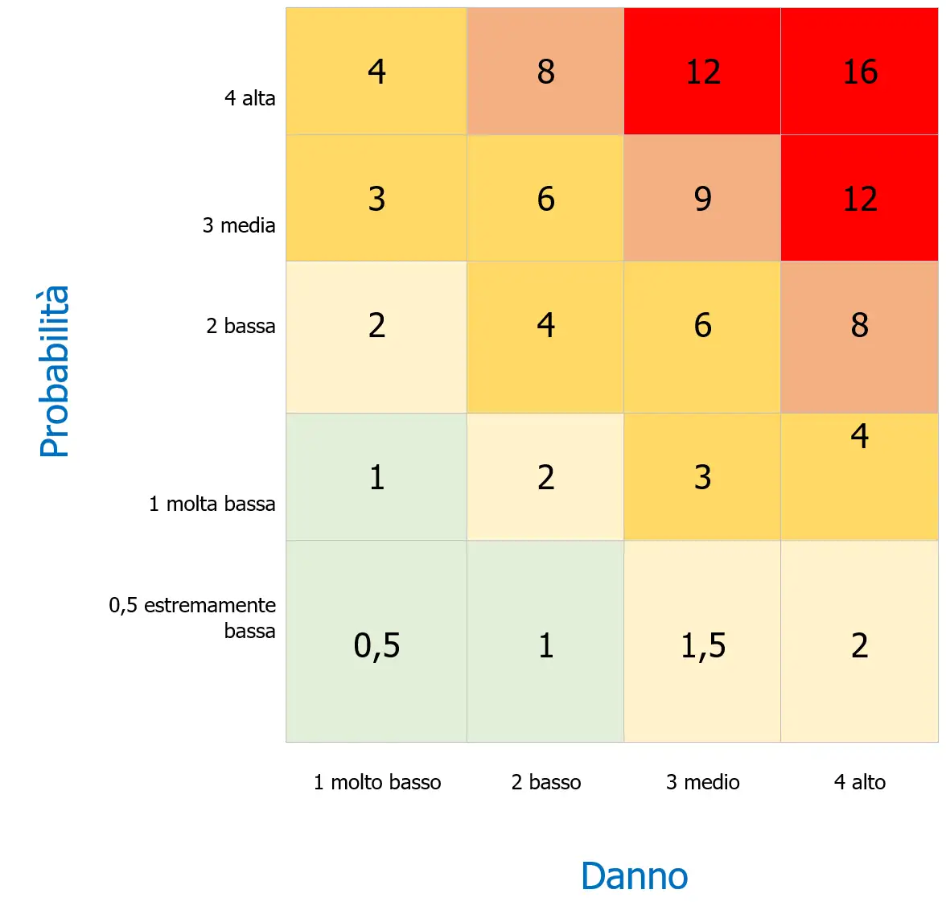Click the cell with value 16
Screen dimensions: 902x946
(859, 72)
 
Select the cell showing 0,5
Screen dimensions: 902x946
(376, 645)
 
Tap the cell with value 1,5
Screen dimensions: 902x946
(702, 645)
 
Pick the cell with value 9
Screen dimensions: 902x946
(702, 199)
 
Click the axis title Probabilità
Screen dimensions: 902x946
(55, 371)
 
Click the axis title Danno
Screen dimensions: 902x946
(634, 875)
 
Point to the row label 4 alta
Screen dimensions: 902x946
(249, 98)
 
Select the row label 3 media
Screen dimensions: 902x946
(239, 225)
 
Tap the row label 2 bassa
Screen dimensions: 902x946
(241, 326)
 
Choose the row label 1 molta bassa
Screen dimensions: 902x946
(212, 504)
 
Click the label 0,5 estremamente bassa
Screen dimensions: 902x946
(193, 617)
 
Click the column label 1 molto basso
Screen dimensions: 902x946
(377, 782)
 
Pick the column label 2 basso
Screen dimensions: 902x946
(546, 782)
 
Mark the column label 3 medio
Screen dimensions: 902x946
(702, 782)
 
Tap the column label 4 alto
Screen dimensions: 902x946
(859, 782)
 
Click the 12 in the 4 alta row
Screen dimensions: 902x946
(702, 72)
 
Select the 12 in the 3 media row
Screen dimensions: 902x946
(859, 199)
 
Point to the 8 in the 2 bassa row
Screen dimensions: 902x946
(859, 326)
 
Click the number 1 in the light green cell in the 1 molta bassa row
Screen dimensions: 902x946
(376, 477)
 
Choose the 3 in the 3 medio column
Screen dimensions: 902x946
(702, 477)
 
